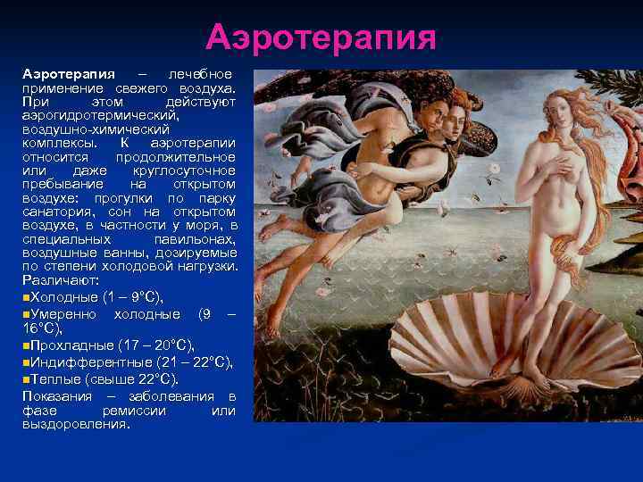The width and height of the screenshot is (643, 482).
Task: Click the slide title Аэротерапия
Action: tap(321, 37)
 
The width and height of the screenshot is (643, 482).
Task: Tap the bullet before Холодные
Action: tap(26, 295)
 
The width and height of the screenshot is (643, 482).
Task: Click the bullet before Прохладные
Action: tap(26, 345)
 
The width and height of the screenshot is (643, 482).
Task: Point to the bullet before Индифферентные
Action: tap(26, 361)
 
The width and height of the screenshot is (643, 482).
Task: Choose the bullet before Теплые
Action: tap(26, 378)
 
